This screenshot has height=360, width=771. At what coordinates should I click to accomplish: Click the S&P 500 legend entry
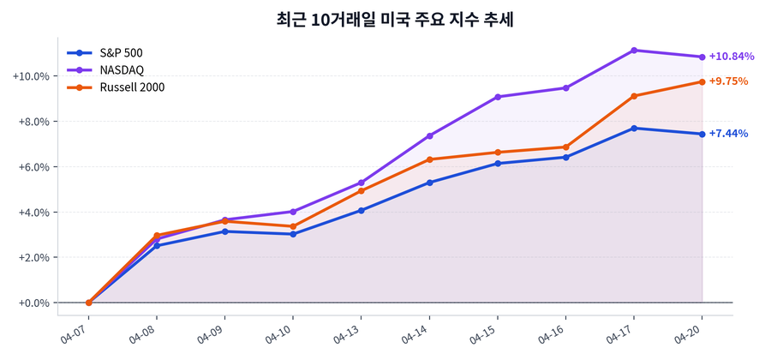[x=121, y=53]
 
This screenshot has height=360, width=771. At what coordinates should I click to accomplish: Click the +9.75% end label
[x=728, y=81]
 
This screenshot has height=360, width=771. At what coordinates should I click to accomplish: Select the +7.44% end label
[x=728, y=134]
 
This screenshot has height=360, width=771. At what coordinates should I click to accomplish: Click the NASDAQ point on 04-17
[x=634, y=51]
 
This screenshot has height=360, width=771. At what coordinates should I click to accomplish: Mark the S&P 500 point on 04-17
[x=634, y=129]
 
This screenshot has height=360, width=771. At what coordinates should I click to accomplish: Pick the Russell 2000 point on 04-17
[x=634, y=96]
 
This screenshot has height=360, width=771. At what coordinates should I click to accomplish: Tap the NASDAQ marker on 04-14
[x=429, y=135]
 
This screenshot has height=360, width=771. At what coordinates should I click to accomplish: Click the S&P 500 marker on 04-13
[x=362, y=210]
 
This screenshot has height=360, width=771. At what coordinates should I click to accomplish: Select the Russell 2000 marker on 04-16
[x=565, y=147]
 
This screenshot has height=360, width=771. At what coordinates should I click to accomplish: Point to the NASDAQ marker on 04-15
[x=498, y=97]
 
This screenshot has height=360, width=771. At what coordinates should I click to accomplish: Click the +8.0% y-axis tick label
[x=31, y=122]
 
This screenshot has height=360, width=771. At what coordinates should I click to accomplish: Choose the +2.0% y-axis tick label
[x=31, y=257]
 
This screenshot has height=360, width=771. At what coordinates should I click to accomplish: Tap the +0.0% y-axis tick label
[x=31, y=303]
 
